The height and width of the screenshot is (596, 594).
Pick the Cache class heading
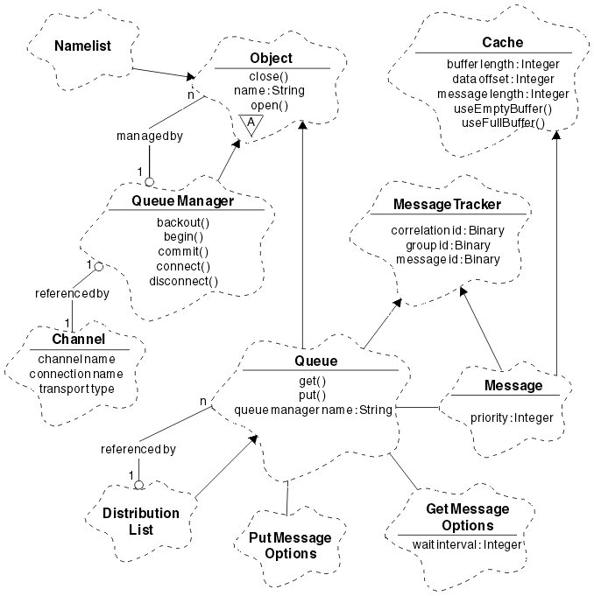[503, 43]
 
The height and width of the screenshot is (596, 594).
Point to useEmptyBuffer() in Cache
[503, 108]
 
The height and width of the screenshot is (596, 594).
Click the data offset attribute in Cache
[498, 79]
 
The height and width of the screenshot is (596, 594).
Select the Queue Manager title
[182, 201]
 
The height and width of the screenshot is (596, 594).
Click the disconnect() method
[183, 281]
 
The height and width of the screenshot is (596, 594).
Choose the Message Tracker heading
[448, 205]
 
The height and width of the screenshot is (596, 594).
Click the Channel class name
[79, 340]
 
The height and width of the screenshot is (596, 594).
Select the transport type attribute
[78, 388]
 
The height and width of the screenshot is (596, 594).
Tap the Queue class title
[317, 361]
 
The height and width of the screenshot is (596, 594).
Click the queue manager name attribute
[312, 408]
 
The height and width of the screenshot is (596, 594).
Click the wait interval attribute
[466, 544]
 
